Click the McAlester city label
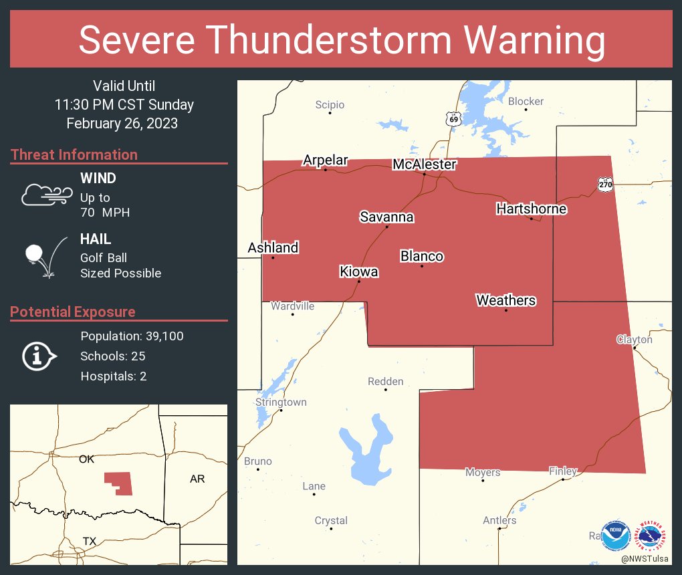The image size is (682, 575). tap(425, 164)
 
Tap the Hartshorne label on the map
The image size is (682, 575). tap(531, 209)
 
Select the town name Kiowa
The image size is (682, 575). tap(358, 271)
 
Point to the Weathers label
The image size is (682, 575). tap(505, 300)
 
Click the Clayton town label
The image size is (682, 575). tap(634, 340)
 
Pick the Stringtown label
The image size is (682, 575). tap(281, 402)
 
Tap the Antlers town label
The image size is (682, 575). tap(499, 520)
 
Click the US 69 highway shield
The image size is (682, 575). tap(454, 118)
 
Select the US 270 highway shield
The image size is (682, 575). tap(605, 184)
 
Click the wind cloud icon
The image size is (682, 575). tap(46, 194)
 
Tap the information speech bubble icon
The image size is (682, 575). tap(38, 356)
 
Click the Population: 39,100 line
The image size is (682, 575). tap(132, 336)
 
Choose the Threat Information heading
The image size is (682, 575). tap(74, 154)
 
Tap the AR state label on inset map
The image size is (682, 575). tap(197, 479)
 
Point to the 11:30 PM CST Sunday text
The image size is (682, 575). tap(124, 105)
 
